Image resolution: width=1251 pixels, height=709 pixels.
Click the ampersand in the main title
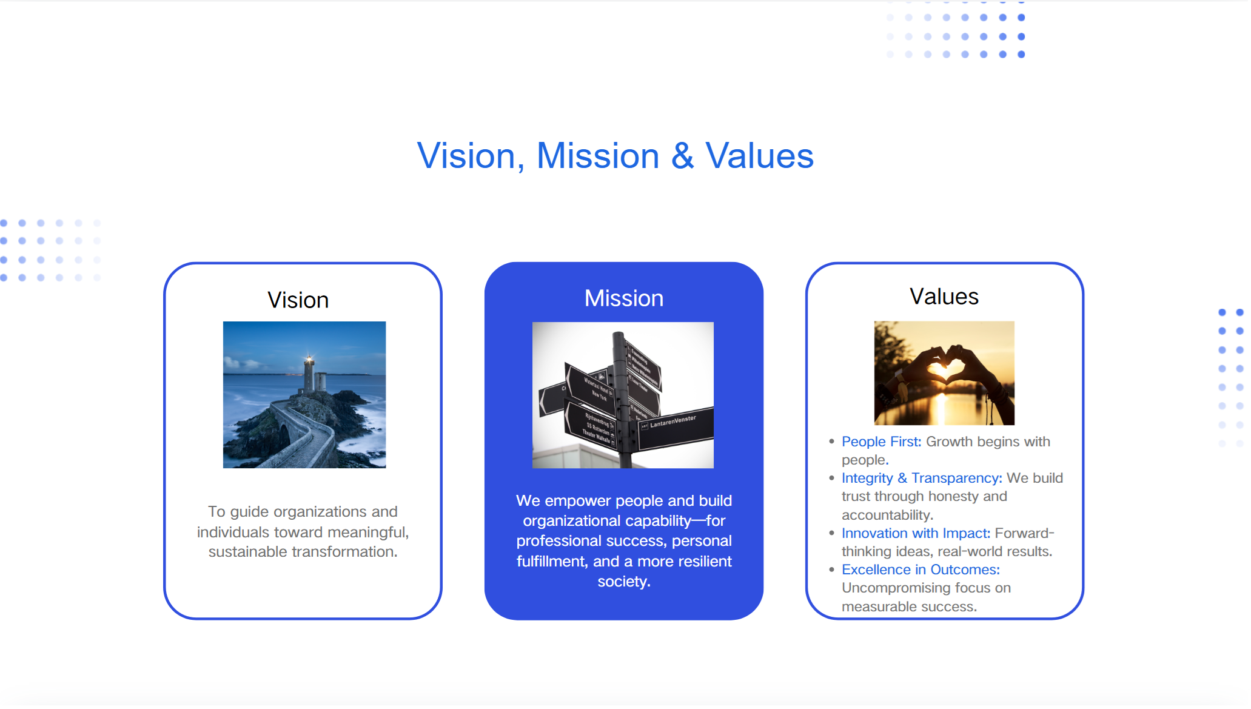[682, 156]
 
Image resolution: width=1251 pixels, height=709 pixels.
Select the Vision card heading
[298, 300]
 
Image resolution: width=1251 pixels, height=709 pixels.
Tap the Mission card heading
[624, 298]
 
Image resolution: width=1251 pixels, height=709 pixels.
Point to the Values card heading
[944, 297]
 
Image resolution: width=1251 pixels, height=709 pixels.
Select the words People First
[882, 442]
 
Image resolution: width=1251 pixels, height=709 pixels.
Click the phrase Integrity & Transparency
[922, 479]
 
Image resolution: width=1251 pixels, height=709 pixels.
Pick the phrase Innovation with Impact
[916, 534]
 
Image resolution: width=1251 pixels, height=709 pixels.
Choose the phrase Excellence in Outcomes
[921, 570]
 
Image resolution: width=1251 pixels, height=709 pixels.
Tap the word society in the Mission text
[622, 582]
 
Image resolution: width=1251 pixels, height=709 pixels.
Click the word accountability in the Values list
[887, 516]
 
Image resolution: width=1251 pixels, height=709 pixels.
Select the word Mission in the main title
[598, 156]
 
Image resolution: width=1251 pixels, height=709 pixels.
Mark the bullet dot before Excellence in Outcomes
[831, 570]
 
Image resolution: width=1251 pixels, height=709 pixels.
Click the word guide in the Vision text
[249, 512]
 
